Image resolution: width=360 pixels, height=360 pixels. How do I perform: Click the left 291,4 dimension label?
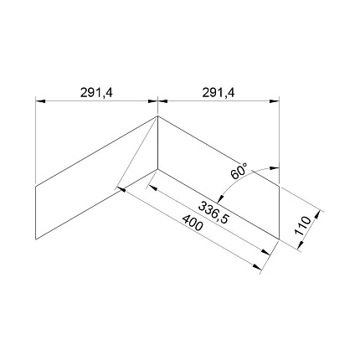(x=96, y=92)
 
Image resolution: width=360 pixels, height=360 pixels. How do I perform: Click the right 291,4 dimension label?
(x=219, y=92)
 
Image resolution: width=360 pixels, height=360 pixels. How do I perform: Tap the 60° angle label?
(x=239, y=171)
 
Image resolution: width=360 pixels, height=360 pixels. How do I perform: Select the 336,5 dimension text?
(x=213, y=213)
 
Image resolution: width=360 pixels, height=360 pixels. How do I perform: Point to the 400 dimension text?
(x=192, y=223)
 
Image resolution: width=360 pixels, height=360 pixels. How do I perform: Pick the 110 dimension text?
(x=302, y=225)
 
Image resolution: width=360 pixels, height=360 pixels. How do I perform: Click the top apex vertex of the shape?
(x=157, y=116)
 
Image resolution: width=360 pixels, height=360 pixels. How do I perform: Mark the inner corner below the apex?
(x=157, y=169)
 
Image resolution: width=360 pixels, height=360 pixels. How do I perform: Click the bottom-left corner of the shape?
(x=36, y=239)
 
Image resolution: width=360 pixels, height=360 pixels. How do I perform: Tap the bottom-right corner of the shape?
(x=280, y=239)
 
